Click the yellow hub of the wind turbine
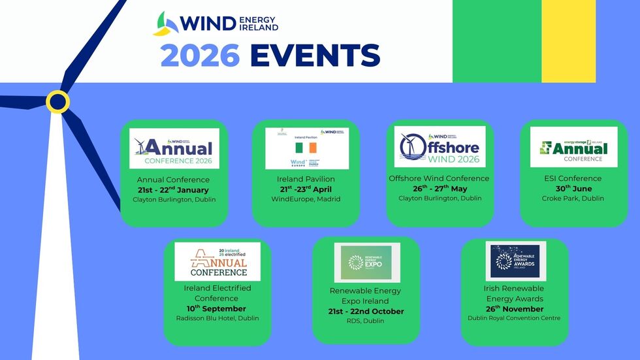tap(57, 101)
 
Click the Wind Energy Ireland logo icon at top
tap(166, 24)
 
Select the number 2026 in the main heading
tap(200, 56)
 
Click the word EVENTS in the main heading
tap(315, 56)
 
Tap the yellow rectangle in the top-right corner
tap(569, 41)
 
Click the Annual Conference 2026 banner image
tap(174, 148)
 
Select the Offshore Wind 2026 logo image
tap(440, 146)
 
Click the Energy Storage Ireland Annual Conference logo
tap(573, 147)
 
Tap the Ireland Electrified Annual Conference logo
tap(217, 261)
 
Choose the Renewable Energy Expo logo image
tap(367, 263)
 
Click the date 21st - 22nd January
tap(174, 189)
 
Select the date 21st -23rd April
tap(306, 189)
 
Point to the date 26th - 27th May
tap(439, 189)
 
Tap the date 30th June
tap(573, 189)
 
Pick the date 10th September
tap(217, 308)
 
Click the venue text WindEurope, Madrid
tap(306, 199)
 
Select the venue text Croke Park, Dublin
tap(573, 199)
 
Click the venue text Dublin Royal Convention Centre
tap(514, 318)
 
